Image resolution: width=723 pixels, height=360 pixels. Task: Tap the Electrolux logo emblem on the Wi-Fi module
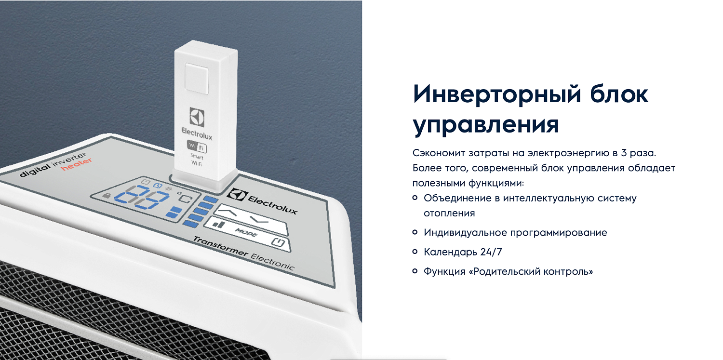coord(197,117)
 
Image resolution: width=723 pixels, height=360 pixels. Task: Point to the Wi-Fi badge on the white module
coord(197,147)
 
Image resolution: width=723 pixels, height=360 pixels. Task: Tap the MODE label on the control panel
coord(246,233)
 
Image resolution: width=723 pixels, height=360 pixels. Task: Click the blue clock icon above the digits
coord(156,186)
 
